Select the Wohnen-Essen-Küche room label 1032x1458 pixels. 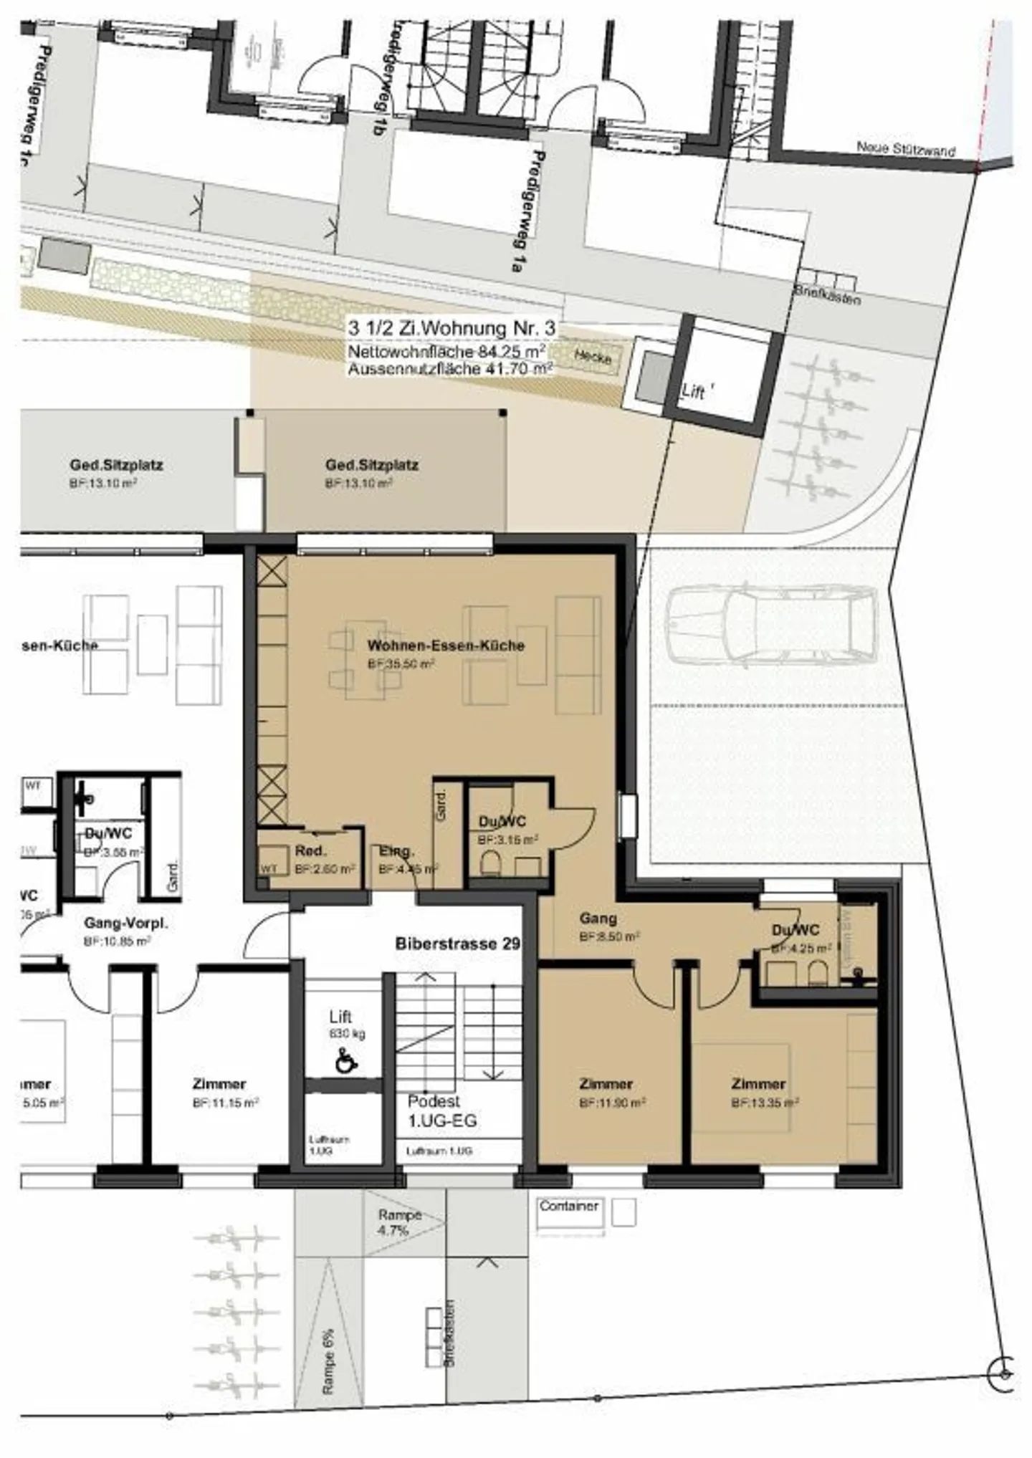coord(446,645)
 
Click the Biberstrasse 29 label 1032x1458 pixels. coord(457,944)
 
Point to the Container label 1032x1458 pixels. coord(569,1206)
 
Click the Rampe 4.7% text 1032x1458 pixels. coord(398,1222)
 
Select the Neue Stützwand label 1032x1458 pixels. coord(906,149)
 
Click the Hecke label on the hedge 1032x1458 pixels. coord(592,356)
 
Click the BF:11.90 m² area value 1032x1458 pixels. coord(612,1103)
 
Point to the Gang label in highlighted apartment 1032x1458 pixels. coord(598,918)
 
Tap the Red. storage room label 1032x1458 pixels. coord(310,851)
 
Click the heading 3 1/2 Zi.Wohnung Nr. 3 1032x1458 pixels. coord(451,328)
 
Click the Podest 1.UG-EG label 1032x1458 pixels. coord(441,1111)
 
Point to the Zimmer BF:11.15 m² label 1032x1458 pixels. coord(219,1084)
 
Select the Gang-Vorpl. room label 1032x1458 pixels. coord(125,924)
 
